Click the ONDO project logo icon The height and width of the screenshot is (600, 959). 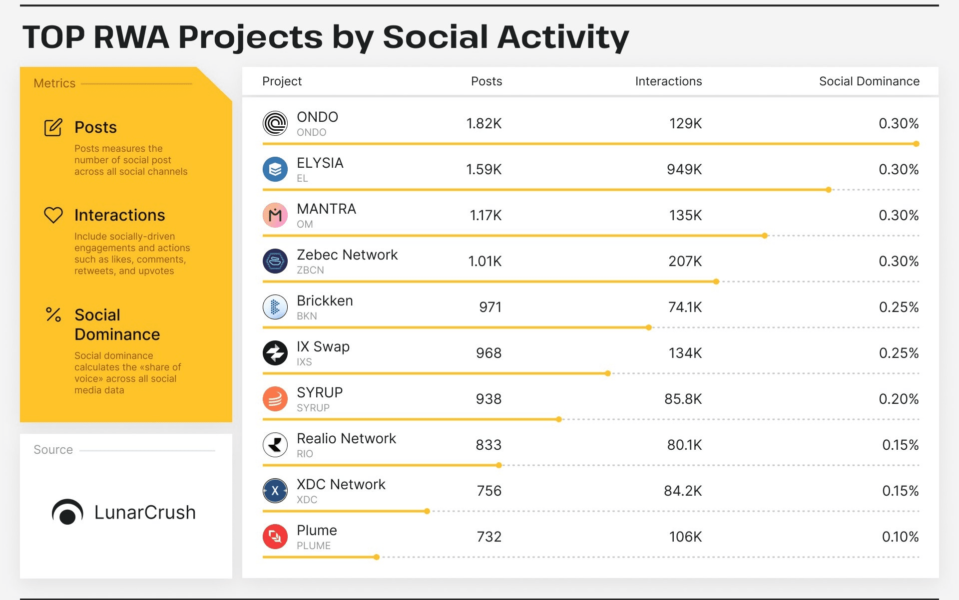click(275, 123)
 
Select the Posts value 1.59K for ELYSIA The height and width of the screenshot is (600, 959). click(483, 170)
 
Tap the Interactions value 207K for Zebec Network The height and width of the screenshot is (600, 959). click(685, 261)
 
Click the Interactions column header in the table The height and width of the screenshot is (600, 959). click(668, 81)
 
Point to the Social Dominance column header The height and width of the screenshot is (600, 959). click(869, 81)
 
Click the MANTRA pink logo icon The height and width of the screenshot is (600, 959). click(275, 215)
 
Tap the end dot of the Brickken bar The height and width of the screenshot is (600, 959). click(648, 327)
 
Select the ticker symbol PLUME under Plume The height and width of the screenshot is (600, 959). click(313, 546)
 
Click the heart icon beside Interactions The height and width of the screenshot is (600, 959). click(53, 215)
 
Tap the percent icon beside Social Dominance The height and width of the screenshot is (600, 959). click(53, 314)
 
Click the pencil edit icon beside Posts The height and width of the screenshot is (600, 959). click(53, 127)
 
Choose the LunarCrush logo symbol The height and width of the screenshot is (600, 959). click(67, 512)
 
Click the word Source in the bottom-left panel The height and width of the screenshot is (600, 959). click(53, 450)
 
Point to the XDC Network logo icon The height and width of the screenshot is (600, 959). click(275, 491)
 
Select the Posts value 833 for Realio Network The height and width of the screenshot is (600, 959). click(488, 445)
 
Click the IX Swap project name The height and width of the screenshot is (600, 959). click(323, 346)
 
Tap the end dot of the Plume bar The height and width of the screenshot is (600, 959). click(377, 557)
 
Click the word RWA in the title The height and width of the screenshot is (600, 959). click(131, 37)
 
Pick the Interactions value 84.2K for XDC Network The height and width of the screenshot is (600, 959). click(682, 491)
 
